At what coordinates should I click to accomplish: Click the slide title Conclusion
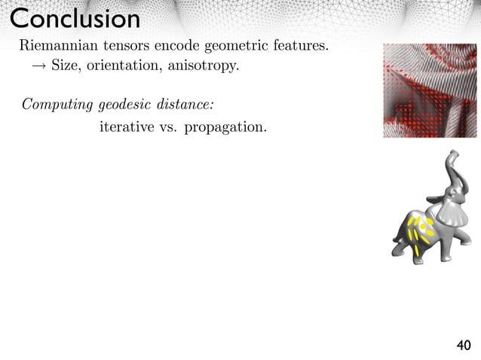[75, 18]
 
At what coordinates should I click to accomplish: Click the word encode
[174, 47]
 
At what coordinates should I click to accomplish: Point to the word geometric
[234, 47]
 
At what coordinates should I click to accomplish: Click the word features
[299, 47]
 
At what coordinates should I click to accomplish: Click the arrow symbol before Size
[38, 66]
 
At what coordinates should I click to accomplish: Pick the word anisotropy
[204, 67]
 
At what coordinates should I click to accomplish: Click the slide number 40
[463, 346]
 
